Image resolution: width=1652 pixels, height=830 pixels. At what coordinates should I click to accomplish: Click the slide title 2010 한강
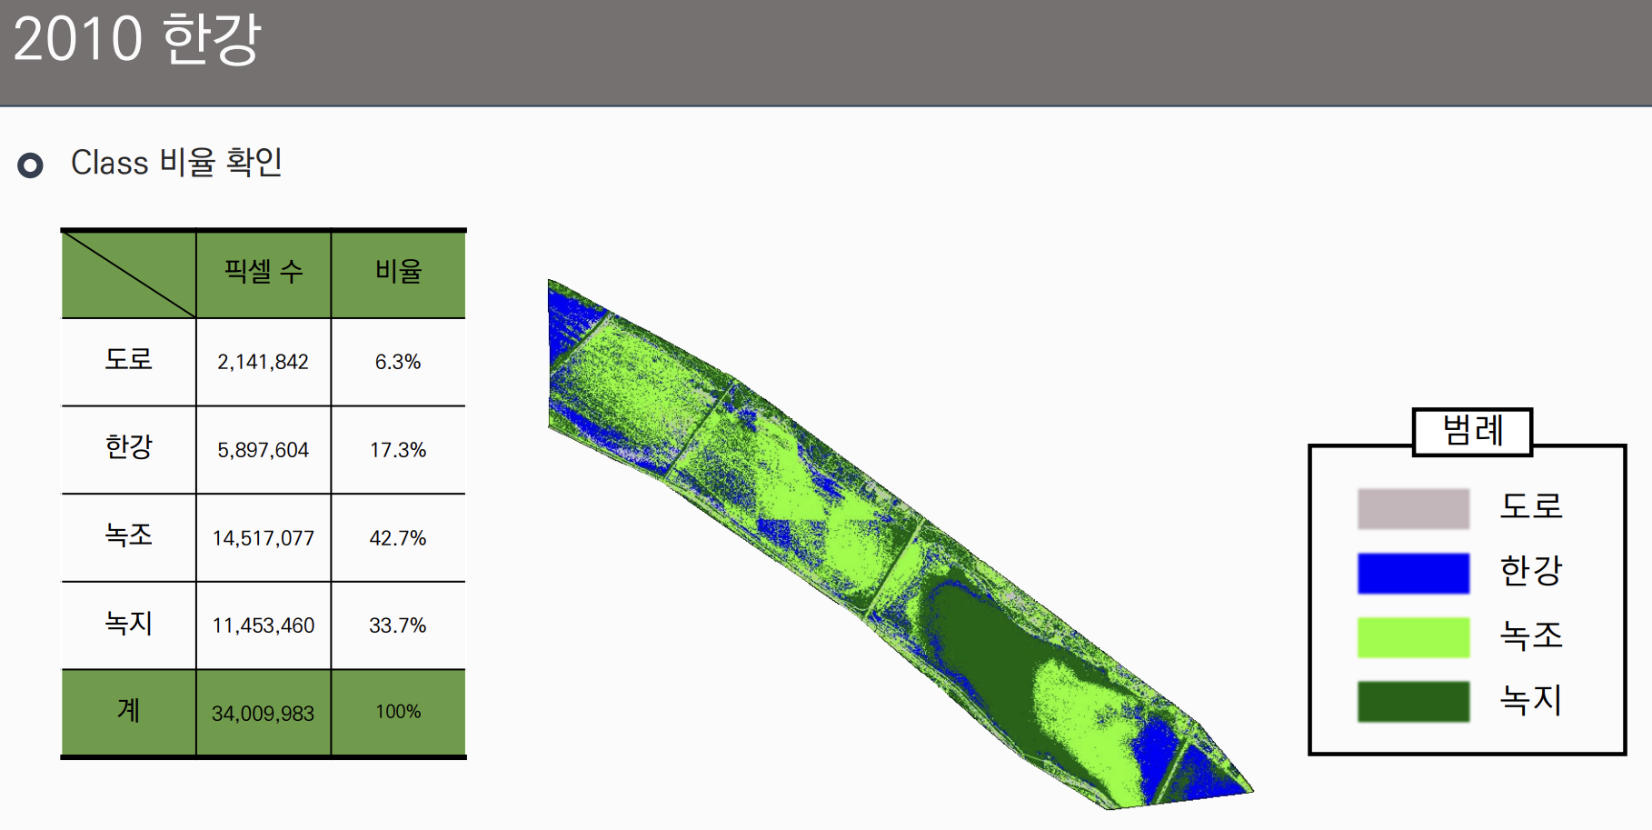pos(137,39)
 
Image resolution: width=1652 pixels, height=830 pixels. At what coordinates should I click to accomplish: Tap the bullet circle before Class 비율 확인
pos(31,165)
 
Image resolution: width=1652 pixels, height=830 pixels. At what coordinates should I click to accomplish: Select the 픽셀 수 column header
pos(264,271)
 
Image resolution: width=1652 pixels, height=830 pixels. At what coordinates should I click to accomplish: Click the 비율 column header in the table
pos(398,271)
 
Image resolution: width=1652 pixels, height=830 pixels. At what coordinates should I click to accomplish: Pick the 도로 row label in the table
pos(128,359)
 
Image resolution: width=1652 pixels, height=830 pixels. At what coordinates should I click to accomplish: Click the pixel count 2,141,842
pos(263,362)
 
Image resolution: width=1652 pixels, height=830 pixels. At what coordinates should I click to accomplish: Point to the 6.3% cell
pos(398,362)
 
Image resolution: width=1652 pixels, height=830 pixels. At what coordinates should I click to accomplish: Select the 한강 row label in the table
pos(128,447)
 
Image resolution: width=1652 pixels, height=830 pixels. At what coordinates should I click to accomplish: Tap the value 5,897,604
pos(263,450)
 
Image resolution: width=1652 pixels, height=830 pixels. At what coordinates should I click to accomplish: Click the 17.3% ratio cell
pos(398,450)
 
